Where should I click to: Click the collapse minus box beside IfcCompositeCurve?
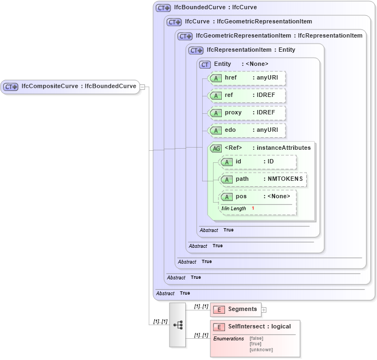[142, 87]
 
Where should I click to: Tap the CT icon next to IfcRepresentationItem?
[196, 50]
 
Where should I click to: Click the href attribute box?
[247, 78]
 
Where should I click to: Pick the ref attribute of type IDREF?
[247, 95]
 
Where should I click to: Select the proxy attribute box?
[247, 113]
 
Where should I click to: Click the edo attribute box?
[247, 130]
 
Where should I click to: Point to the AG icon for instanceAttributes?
[216, 148]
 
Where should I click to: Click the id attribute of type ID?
[258, 162]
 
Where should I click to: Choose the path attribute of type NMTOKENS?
[263, 179]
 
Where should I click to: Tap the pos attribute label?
[241, 197]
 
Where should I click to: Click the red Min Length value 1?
[253, 209]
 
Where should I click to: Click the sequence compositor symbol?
[178, 325]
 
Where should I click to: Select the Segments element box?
[236, 309]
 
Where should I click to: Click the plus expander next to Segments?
[264, 310]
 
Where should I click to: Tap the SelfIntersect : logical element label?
[259, 327]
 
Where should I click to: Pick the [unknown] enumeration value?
[261, 350]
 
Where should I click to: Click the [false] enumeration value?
[256, 338]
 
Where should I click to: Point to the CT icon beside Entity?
[205, 64]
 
